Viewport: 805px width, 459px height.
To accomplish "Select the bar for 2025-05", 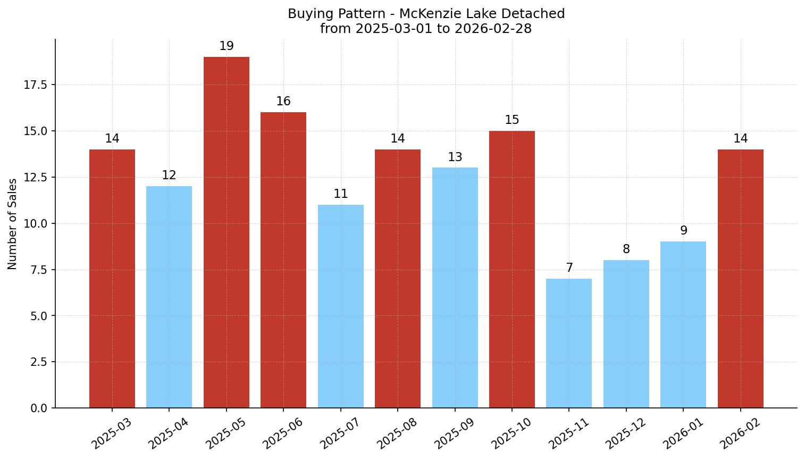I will coord(227,232).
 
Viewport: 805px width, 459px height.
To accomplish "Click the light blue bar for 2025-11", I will coord(569,343).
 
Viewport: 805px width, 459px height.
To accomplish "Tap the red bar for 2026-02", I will coord(740,279).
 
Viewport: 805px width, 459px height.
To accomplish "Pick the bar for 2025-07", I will coord(341,306).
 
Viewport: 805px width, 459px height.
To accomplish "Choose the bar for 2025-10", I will coord(512,269).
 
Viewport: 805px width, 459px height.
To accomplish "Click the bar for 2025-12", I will coord(626,334).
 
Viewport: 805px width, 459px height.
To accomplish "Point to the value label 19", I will coord(227,46).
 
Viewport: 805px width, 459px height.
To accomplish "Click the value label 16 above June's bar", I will coord(283,102).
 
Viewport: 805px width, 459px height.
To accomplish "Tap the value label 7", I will coord(569,268).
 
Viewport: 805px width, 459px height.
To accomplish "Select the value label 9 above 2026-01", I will coord(683,231).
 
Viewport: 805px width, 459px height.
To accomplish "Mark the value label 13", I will coord(455,157).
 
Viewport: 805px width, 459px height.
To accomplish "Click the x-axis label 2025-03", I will coord(112,433).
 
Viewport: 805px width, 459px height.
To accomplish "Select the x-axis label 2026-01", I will coord(683,433).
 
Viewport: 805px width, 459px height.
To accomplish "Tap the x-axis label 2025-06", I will coord(283,433).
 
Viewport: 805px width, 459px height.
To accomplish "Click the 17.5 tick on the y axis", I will coord(36,85).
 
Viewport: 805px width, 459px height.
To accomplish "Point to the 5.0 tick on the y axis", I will coord(38,316).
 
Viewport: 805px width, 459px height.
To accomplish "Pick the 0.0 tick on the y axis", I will coord(38,408).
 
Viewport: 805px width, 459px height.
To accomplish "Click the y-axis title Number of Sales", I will coord(13,224).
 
